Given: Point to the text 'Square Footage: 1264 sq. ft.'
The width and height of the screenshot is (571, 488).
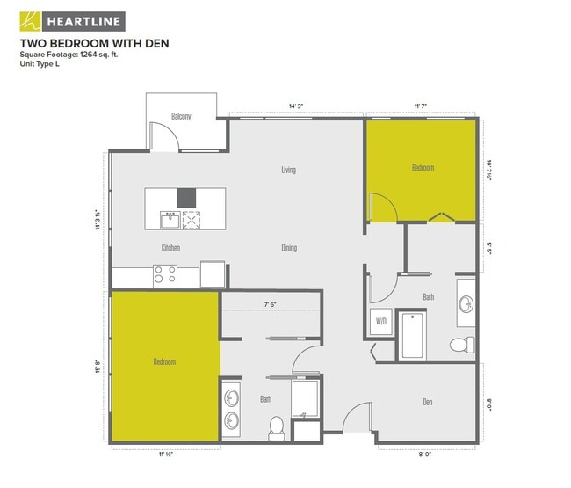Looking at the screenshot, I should pos(68,54).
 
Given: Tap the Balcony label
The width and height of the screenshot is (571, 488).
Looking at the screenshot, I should pos(181,116).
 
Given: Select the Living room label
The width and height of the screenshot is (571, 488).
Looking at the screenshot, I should pos(287,170).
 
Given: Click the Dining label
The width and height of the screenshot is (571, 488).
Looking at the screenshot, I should pos(288,248).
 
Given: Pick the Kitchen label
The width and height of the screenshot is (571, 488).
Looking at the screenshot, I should pos(170,248).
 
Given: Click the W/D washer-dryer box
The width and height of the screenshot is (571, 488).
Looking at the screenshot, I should pos(381,322).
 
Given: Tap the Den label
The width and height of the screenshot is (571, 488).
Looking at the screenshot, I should pos(428,403).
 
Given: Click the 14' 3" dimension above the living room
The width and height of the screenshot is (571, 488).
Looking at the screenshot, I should pos(297,107).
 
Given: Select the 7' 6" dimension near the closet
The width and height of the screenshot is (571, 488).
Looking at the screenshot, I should pos(271,304).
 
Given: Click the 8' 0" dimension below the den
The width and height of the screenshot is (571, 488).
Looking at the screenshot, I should pos(425,455).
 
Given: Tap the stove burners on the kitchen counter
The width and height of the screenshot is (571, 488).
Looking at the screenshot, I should pos(165,275).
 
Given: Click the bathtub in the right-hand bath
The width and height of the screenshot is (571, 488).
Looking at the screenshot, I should pos(413,337).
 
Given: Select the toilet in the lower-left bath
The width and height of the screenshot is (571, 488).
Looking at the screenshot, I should pos(276,427).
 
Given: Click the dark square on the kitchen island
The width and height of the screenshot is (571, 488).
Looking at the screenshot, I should pos(186,198).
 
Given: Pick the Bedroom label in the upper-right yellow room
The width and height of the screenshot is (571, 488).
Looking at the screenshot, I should pos(423,168).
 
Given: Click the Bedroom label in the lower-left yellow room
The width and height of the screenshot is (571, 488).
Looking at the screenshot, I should pos(164,361).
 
